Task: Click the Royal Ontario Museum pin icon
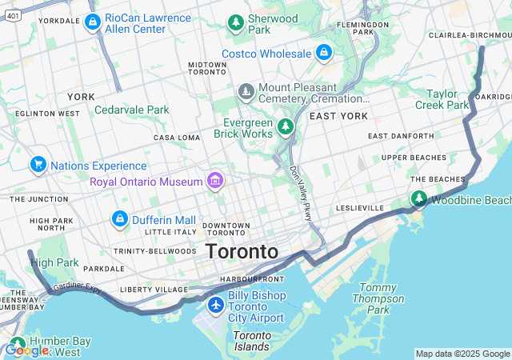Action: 214,181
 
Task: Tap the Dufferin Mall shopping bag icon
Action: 120,219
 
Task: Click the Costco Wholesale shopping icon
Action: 324,54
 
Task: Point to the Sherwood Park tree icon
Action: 236,22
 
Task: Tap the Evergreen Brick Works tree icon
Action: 286,126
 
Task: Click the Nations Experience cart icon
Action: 38,165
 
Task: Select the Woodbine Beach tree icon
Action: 418,198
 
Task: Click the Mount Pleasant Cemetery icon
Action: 246,93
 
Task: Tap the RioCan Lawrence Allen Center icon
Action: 92,22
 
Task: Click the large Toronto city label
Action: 242,251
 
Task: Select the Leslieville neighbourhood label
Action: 360,207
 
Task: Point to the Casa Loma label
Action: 177,138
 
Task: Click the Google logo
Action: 26,350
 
